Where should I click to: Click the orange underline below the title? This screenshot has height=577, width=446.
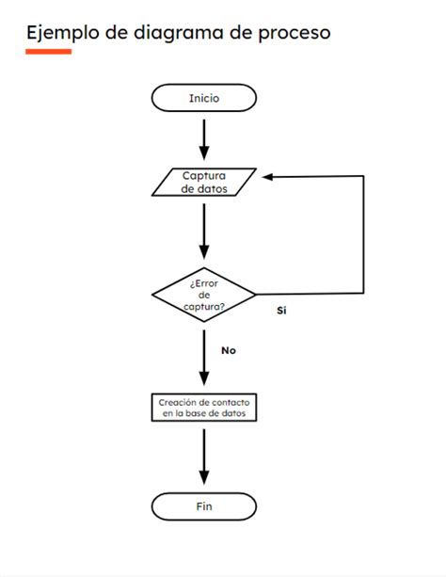(x=48, y=52)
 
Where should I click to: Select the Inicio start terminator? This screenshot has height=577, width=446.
(x=203, y=98)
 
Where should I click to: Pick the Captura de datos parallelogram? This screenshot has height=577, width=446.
(x=203, y=182)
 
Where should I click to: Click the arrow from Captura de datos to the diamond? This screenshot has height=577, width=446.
(x=203, y=230)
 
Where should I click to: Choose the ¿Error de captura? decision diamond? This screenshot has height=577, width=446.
(x=203, y=294)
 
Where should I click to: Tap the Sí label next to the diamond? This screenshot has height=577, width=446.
(x=280, y=310)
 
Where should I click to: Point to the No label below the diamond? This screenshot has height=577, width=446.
(x=228, y=350)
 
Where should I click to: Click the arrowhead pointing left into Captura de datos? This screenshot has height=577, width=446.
(x=269, y=176)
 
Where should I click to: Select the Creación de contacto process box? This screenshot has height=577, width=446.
(x=203, y=408)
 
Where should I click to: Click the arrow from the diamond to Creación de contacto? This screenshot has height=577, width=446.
(x=203, y=357)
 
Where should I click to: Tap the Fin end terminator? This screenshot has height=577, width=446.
(x=203, y=506)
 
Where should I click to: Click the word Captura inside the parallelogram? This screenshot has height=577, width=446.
(x=204, y=175)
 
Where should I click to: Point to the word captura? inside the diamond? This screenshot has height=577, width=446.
(x=204, y=306)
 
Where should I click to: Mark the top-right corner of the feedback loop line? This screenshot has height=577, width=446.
(x=363, y=176)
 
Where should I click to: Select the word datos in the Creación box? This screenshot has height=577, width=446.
(x=231, y=413)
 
